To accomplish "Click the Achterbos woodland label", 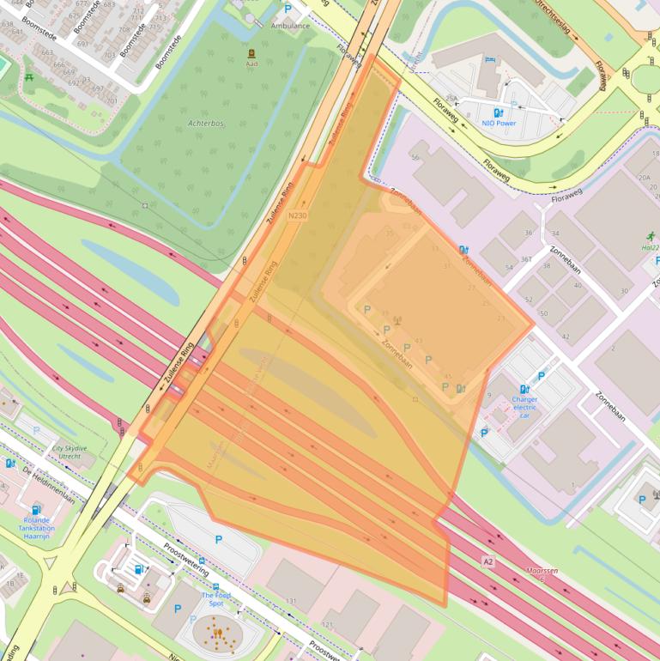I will pos(206,124).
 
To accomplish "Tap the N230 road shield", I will pos(298,215).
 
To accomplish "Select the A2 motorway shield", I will pos(487,561).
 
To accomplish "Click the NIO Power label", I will pos(499,123).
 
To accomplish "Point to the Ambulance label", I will pos(290,26).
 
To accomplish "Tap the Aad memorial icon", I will pos(251,52).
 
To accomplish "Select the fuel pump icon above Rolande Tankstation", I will pos(36,509).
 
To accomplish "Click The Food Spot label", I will pos(215,598).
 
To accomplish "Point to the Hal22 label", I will pos(650,247).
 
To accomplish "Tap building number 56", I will pos(415,157).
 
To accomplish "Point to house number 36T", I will pos(527,259).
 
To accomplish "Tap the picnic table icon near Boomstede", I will pos(30,77).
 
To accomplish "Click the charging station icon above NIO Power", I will pos(498,112).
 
